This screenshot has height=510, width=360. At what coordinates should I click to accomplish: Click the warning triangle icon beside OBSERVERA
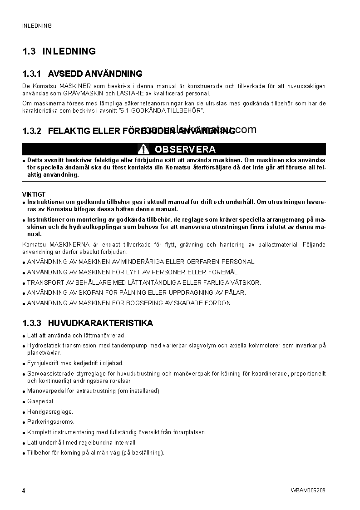pyautogui.click(x=143, y=149)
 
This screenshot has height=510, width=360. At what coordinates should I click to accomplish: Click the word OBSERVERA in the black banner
pyautogui.click(x=185, y=149)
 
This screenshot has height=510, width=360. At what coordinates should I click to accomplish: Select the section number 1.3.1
pyautogui.click(x=32, y=74)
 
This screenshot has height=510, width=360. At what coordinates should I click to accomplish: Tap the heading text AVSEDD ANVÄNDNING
pyautogui.click(x=95, y=74)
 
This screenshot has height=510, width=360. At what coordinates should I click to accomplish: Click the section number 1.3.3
pyautogui.click(x=32, y=323)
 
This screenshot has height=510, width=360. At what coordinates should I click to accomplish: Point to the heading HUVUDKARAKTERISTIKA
pyautogui.click(x=100, y=323)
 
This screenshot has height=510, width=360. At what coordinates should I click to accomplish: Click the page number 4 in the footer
pyautogui.click(x=24, y=490)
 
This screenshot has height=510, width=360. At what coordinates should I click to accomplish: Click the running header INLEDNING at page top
pyautogui.click(x=37, y=26)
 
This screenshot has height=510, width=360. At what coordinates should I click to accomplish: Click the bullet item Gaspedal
pyautogui.click(x=41, y=401)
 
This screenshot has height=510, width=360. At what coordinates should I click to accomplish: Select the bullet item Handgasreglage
pyautogui.click(x=50, y=411)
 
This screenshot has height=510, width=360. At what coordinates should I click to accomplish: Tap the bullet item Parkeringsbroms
pyautogui.click(x=50, y=422)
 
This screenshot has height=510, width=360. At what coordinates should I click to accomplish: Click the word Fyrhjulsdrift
pyautogui.click(x=44, y=363)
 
